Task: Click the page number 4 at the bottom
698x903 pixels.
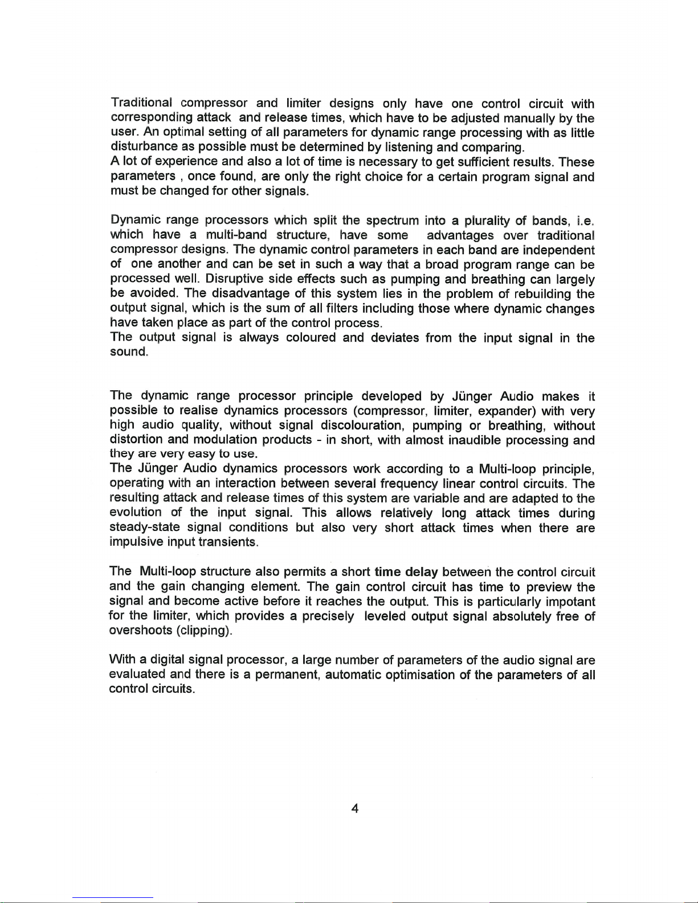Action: click(x=354, y=808)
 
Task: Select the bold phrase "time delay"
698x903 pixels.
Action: click(x=406, y=572)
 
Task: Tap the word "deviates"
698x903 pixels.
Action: click(x=395, y=338)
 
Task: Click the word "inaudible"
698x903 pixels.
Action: click(x=475, y=440)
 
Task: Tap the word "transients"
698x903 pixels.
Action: click(x=228, y=542)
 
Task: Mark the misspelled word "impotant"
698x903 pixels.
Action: click(x=570, y=602)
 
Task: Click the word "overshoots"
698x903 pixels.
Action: click(x=141, y=631)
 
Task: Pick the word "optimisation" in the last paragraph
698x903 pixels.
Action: click(x=421, y=675)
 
